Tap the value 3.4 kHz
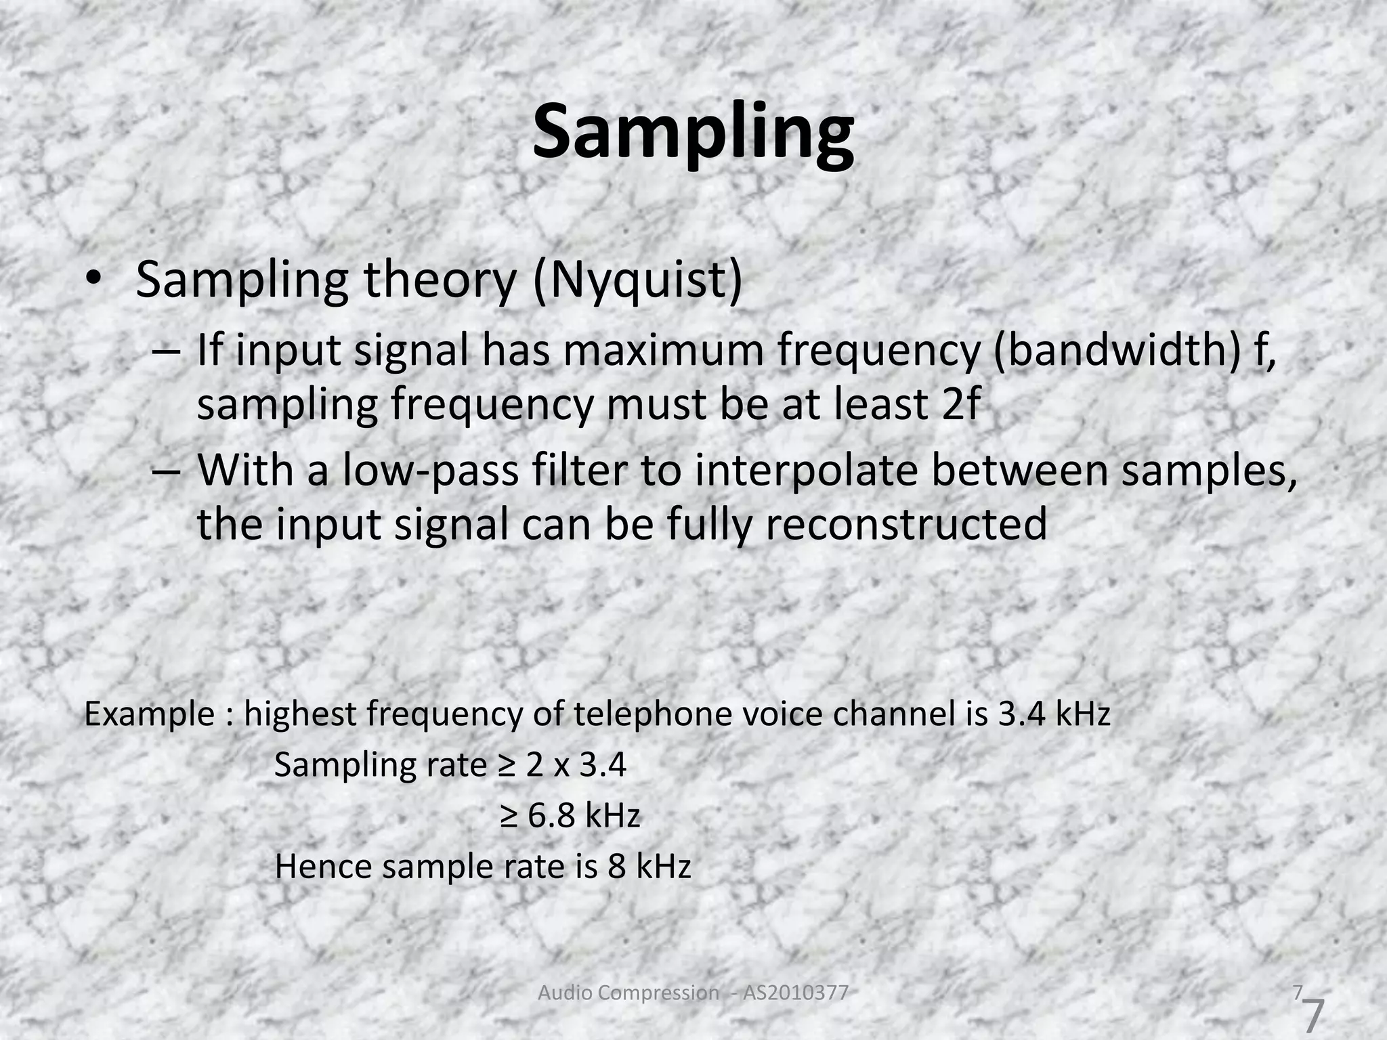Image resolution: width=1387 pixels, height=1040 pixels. (x=1054, y=714)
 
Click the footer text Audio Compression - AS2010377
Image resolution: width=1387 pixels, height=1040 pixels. (x=692, y=993)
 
